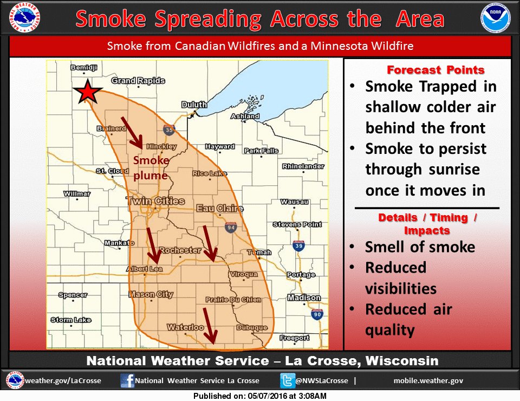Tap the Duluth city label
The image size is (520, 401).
(x=194, y=105)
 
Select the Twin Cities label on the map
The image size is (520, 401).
(x=155, y=202)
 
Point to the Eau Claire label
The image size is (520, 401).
(x=219, y=208)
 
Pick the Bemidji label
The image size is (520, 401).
(x=84, y=68)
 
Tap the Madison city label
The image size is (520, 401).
(x=304, y=297)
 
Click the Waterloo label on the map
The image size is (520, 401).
(x=185, y=327)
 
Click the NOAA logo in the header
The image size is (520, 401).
(x=495, y=19)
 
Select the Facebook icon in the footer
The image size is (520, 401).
(x=127, y=380)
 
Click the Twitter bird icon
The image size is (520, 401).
(x=287, y=380)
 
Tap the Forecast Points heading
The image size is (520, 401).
(x=435, y=70)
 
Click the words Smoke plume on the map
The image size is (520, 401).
(x=151, y=168)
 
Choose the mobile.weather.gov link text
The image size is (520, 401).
(x=428, y=380)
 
